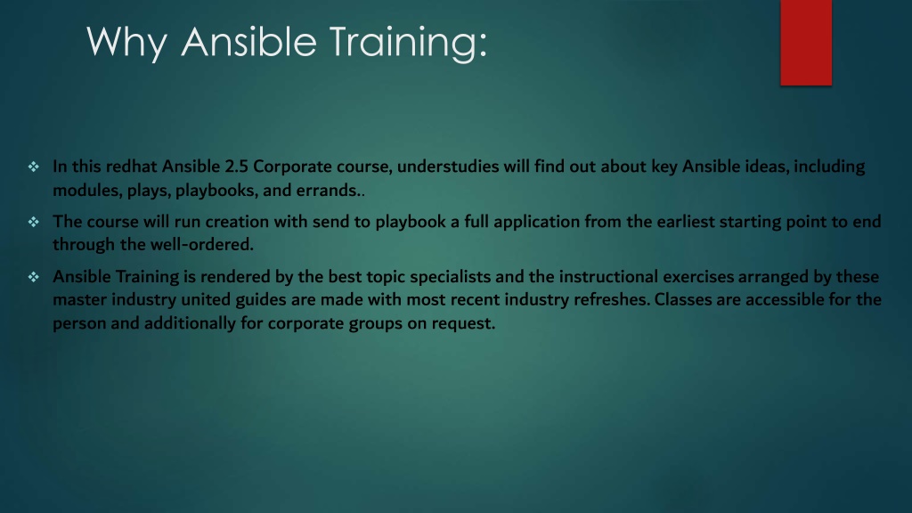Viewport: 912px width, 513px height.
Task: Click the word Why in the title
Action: tap(126, 43)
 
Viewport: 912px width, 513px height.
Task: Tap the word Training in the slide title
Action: tap(408, 43)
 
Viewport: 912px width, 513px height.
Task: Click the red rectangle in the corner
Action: tap(806, 43)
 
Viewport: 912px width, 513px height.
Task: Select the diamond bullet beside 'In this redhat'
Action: tap(34, 167)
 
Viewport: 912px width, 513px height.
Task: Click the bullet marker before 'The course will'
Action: tap(34, 222)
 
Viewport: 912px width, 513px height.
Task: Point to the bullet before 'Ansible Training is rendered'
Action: tap(34, 277)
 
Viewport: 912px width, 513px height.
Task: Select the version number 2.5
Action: tap(236, 167)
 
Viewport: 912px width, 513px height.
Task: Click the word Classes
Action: tap(683, 299)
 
